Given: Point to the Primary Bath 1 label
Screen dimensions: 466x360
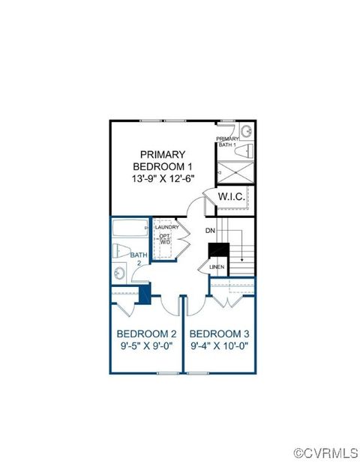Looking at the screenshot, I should coord(226,142).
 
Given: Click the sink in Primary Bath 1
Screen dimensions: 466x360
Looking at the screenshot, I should coord(246,133).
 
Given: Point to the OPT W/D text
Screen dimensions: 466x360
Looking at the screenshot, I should coord(164,240).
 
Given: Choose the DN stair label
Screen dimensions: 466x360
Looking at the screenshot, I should coord(211,231).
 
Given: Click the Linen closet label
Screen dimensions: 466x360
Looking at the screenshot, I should coord(217,267).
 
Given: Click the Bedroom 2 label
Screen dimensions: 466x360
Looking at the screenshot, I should coord(146,333).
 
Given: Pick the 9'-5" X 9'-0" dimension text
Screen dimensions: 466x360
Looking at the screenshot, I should coord(146,347).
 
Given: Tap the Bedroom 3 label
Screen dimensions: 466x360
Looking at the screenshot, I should coord(219,333).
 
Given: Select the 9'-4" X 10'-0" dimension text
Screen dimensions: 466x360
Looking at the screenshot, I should coord(219,347).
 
